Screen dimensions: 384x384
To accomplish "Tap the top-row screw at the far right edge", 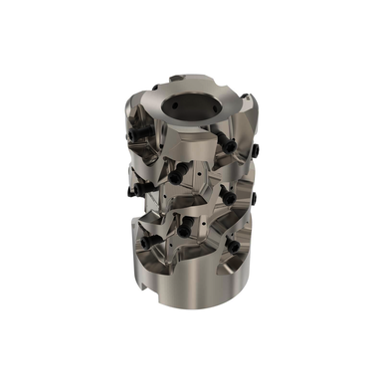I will click(x=255, y=150).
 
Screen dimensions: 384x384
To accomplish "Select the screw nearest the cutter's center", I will click(x=180, y=177).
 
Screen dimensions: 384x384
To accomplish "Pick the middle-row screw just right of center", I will click(x=227, y=196).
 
